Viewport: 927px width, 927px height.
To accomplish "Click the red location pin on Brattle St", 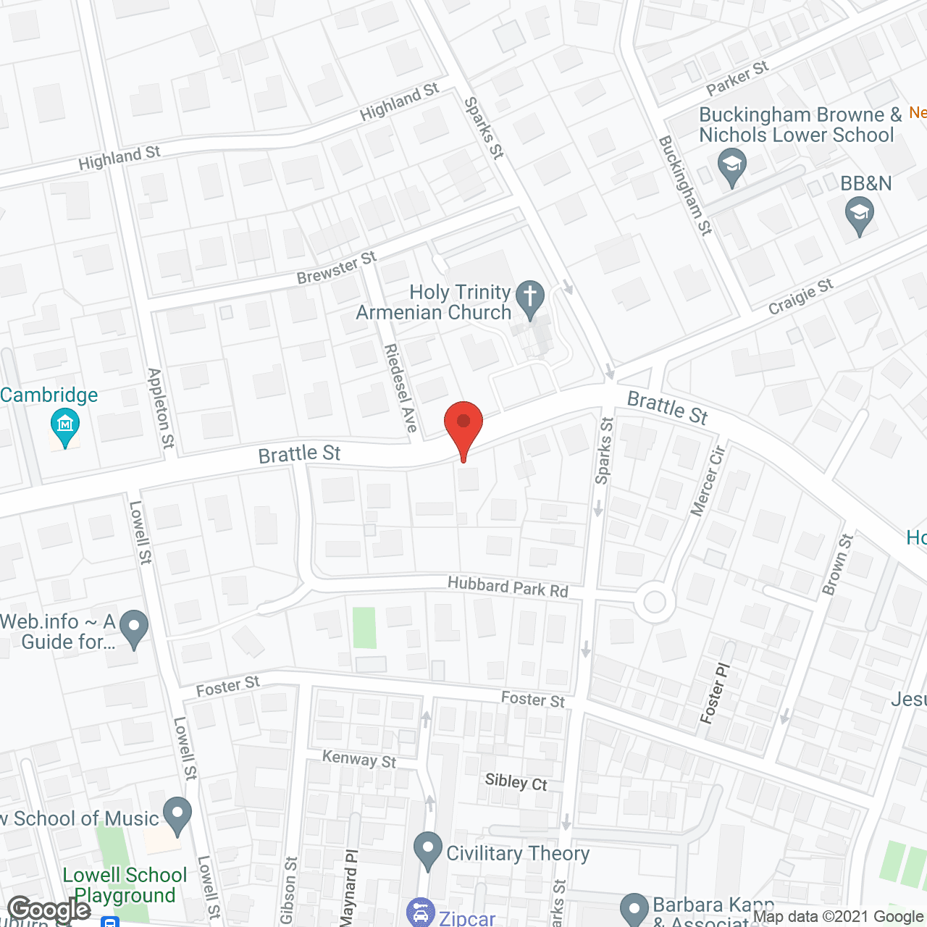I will click(463, 424).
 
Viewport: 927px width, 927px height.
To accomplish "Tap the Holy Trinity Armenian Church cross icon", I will click(530, 297).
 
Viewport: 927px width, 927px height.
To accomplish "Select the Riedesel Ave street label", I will click(400, 388).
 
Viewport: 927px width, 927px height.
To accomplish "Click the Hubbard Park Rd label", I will click(508, 587).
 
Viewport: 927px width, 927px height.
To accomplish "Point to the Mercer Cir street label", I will click(708, 482).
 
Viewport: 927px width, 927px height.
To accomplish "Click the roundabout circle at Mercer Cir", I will click(655, 603).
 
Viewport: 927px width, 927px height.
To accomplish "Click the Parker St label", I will click(737, 78).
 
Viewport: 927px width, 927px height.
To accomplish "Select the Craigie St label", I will click(800, 297).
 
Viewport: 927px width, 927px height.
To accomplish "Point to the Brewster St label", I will click(337, 268).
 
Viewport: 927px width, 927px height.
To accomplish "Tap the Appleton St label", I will click(161, 408).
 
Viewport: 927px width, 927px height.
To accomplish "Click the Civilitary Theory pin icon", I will click(427, 849).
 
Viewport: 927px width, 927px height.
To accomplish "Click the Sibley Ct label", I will click(516, 782).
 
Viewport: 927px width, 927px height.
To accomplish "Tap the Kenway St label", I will click(359, 759).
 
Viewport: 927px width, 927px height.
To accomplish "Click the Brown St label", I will click(838, 565).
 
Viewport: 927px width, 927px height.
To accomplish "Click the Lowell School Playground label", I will click(125, 885).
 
